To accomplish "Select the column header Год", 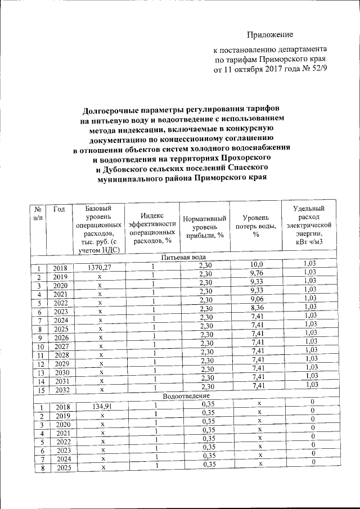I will (x=60, y=209).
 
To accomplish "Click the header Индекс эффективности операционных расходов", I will (x=152, y=228).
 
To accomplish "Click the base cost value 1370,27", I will (x=99, y=268).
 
